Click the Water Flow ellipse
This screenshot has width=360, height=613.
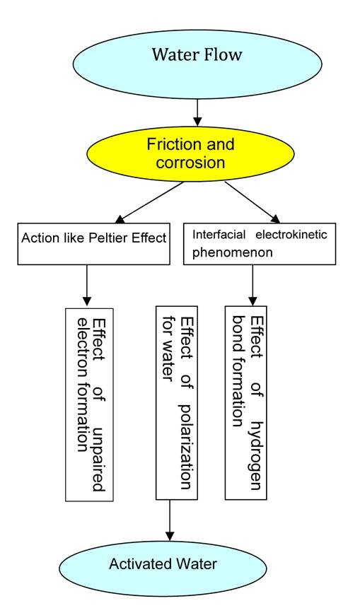197,64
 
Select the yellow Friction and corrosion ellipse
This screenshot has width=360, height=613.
190,153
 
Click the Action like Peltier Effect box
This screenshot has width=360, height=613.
94,244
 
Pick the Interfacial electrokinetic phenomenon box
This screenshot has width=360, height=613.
260,244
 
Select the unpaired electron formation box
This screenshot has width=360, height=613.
90,404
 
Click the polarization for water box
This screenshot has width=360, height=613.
177,403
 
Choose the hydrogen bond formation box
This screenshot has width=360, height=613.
246,403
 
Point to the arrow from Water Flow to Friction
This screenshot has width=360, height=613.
197,112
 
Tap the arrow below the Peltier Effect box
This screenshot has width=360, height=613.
87,286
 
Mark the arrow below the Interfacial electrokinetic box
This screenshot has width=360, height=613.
252,286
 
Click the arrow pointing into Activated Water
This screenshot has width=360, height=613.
170,520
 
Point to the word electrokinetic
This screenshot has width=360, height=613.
291,235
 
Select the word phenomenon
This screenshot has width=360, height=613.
232,252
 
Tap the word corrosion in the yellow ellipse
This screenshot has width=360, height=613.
190,163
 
